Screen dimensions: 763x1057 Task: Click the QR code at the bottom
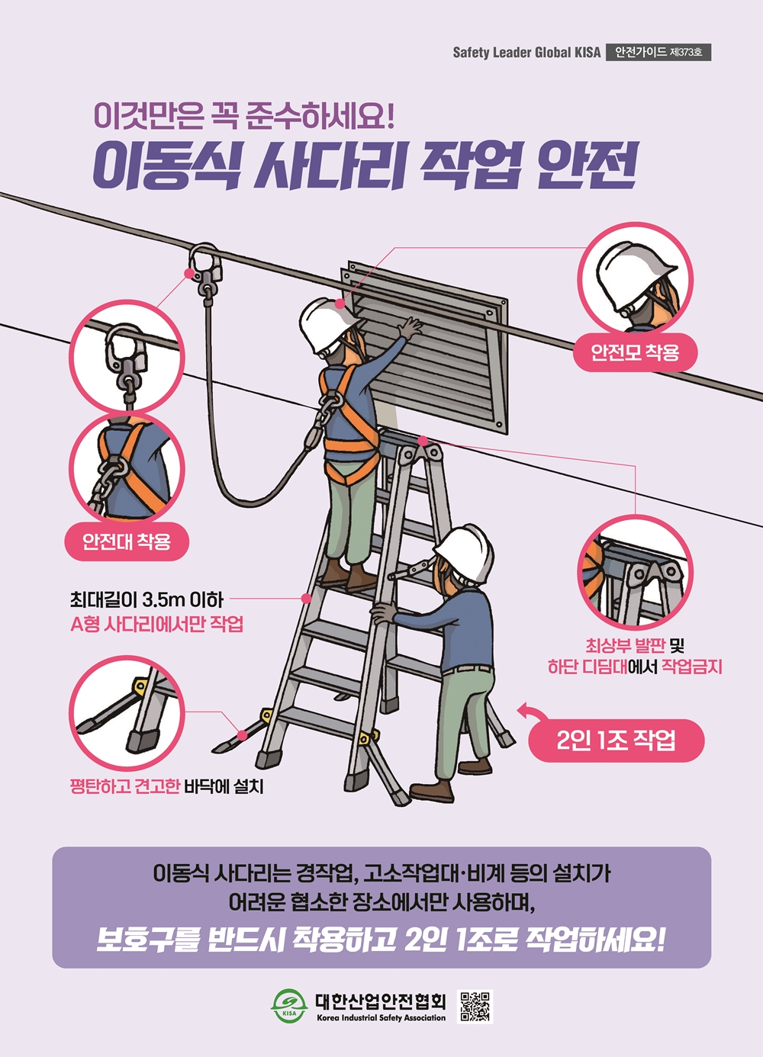pos(475,1007)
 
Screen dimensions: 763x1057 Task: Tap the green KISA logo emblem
pos(289,1006)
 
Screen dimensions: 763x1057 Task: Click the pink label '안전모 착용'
pos(635,352)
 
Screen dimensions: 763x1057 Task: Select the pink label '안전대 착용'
pos(127,541)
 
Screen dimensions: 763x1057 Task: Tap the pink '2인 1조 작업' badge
pos(617,740)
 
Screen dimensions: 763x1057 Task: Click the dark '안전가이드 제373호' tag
pos(658,53)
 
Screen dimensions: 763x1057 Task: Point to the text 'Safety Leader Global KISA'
pos(526,53)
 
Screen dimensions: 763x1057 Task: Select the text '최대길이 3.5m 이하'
pos(146,600)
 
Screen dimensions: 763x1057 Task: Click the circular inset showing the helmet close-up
pos(636,279)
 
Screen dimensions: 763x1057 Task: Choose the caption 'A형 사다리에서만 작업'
pos(156,625)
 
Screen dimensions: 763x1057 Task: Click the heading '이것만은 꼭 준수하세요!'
pos(244,117)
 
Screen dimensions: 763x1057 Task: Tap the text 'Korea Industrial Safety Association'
pos(381,1018)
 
